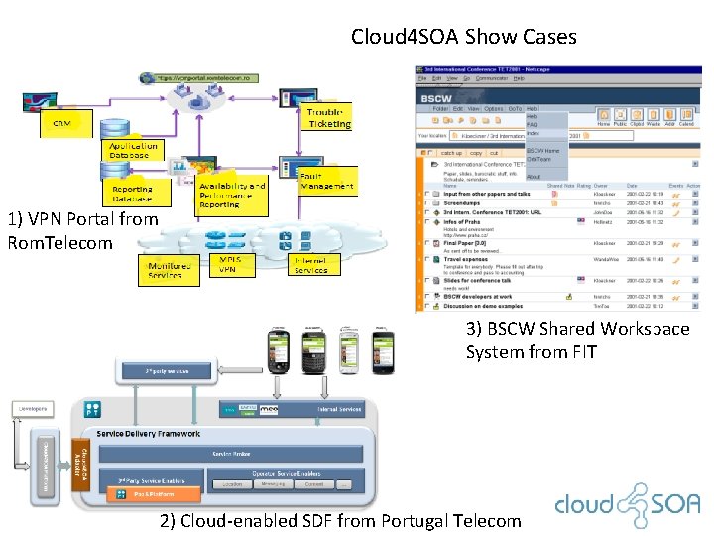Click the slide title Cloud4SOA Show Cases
[x=463, y=37]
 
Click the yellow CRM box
[x=61, y=123]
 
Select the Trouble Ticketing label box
[x=328, y=118]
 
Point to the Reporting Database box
[x=132, y=194]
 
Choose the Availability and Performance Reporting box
[x=232, y=194]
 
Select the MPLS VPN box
[x=228, y=264]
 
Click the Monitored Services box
[x=165, y=271]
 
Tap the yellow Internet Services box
[x=310, y=265]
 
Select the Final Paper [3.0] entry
[x=464, y=242]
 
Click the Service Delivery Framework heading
[x=148, y=433]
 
